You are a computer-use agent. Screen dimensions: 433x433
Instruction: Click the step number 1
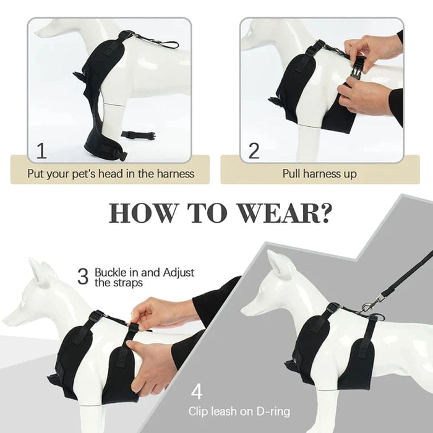point(41,150)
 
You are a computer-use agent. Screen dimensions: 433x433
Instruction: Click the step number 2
point(254,150)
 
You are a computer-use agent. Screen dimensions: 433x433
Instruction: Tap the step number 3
point(83,277)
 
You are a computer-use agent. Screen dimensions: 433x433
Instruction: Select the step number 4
point(196,392)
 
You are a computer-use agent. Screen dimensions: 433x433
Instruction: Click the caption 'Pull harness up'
point(319,174)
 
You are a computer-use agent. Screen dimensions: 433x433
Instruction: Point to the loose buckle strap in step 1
point(137,135)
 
